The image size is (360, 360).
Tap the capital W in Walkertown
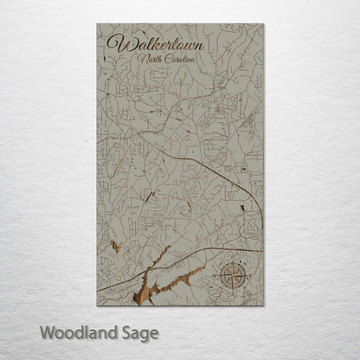tap(113, 43)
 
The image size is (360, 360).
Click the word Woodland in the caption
tap(79, 331)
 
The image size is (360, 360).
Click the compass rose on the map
tap(232, 276)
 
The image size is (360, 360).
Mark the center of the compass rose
tap(232, 276)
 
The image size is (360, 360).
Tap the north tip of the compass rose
tap(232, 260)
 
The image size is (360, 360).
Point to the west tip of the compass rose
tap(217, 276)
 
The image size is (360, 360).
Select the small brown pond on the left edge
tap(115, 246)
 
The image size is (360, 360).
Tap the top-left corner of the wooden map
tap(97, 24)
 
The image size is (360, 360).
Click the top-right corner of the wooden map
tap(264, 24)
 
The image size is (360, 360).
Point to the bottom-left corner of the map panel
tap(97, 305)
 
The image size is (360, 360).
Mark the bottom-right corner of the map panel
tap(264, 305)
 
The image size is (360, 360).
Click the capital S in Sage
tap(125, 331)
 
